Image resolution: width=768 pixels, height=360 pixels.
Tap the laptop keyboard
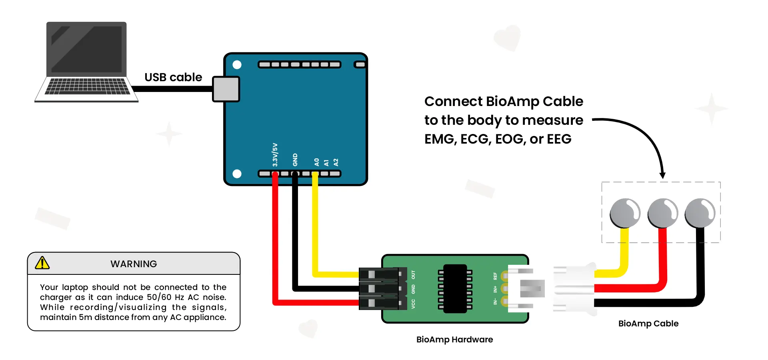click(x=87, y=86)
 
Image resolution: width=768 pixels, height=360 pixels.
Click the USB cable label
click(x=173, y=77)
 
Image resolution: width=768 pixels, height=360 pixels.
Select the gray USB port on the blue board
click(x=226, y=89)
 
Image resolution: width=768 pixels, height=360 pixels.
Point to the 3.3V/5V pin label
click(x=275, y=155)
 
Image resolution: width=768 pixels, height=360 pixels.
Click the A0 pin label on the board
click(x=316, y=162)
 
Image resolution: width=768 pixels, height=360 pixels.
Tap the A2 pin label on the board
click(x=336, y=162)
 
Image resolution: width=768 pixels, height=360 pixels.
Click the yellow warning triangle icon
click(x=42, y=263)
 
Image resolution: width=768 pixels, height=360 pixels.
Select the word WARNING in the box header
click(x=134, y=264)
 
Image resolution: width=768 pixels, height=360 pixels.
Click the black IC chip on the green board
click(x=455, y=288)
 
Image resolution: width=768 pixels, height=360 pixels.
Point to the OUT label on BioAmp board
click(x=413, y=275)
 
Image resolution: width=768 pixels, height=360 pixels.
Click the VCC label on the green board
click(x=413, y=304)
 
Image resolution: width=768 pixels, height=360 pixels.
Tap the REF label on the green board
click(x=495, y=276)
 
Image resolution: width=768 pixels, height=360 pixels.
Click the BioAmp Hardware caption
click(x=454, y=340)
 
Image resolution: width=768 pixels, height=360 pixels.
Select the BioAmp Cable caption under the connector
click(x=648, y=324)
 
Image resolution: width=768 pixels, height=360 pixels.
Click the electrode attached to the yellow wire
click(x=625, y=213)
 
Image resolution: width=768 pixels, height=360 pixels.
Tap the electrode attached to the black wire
click(x=700, y=213)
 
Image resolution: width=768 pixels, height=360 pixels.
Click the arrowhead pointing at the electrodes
click(x=662, y=175)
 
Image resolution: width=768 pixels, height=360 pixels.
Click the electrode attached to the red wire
click(x=663, y=213)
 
